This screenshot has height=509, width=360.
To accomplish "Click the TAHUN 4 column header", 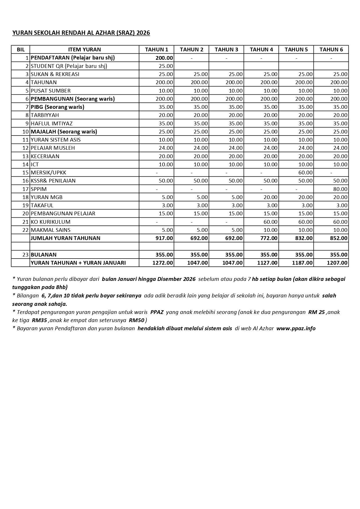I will (261, 49).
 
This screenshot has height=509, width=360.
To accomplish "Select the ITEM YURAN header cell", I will (84, 49).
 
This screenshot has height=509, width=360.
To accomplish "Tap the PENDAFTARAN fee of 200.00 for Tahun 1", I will (164, 58).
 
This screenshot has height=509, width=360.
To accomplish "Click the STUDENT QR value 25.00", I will (166, 66).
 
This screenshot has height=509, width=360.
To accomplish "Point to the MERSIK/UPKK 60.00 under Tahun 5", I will (305, 172).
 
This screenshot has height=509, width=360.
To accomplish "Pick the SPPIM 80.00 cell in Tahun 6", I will (340, 189).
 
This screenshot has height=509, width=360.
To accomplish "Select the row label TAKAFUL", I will (42, 205).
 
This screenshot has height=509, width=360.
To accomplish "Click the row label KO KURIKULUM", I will (51, 222).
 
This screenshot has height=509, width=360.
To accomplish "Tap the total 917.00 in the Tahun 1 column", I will (164, 238).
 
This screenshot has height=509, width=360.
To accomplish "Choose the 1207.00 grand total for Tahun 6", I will (337, 263).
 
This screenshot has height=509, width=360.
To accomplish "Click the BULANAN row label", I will (44, 255).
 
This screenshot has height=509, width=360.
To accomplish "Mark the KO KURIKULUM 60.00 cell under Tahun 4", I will (270, 222).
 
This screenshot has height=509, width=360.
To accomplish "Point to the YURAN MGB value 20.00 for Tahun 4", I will (270, 197).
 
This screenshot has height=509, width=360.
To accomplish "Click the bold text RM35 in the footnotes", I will (39, 320).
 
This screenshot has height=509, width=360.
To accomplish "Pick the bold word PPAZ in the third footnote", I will (157, 312).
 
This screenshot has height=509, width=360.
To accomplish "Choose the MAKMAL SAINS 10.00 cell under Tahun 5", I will (305, 230).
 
